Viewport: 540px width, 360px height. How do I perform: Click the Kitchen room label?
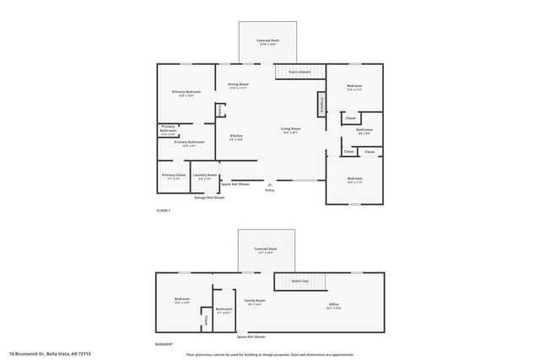pos(236,137)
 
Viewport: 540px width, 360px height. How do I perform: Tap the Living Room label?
pos(290,130)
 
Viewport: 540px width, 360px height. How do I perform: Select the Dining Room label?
pos(238,85)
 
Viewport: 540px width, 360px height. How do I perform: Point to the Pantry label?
pos(219,110)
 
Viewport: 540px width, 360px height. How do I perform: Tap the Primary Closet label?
pos(174,176)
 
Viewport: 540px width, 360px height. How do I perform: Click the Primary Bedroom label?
pos(186,93)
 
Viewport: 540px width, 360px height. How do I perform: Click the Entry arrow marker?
pos(270,184)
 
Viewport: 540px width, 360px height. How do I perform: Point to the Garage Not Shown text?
pos(209,197)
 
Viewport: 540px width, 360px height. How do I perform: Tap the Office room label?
pos(333,305)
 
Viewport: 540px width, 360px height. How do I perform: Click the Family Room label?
pos(255,302)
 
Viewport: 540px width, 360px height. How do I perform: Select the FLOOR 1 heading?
pos(164,210)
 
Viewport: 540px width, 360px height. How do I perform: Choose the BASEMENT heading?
pos(165,344)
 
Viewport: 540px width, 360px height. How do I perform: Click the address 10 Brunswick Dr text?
pos(50,353)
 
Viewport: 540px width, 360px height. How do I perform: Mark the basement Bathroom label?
pos(224,309)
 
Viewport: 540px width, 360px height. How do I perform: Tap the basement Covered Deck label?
pos(267,250)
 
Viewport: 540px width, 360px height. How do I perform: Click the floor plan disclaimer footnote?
pos(270,353)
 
